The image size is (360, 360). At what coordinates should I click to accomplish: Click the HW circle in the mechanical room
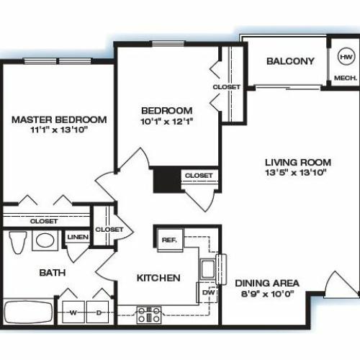tap(346, 57)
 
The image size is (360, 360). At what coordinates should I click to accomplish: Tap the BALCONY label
tap(290, 61)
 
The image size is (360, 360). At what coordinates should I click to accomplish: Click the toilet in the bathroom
tap(17, 243)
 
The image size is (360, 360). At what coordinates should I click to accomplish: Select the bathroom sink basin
tap(45, 240)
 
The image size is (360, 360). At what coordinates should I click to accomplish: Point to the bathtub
tap(29, 312)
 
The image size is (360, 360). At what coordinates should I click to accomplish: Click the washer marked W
tap(73, 312)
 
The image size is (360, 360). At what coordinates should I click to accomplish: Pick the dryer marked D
tap(98, 312)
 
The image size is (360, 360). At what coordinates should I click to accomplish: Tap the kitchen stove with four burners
tap(149, 315)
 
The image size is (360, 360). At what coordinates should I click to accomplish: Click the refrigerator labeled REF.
tap(170, 240)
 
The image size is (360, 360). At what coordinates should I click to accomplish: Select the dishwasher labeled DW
tap(208, 292)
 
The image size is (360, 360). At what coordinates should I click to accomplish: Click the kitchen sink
tap(208, 269)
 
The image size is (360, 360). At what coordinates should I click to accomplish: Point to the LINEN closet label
tap(78, 237)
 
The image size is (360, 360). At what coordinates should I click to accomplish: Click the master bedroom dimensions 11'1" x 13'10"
tap(58, 130)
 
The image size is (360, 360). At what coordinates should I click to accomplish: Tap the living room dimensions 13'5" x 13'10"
tap(296, 173)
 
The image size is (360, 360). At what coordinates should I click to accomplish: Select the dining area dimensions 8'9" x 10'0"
tap(267, 294)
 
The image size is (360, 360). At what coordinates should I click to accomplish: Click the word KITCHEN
tap(158, 278)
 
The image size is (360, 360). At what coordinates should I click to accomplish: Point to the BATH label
tap(53, 273)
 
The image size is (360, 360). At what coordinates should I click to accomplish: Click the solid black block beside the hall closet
tap(167, 180)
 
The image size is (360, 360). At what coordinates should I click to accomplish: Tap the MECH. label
tap(346, 78)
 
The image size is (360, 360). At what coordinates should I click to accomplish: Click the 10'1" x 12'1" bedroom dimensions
tap(167, 122)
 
